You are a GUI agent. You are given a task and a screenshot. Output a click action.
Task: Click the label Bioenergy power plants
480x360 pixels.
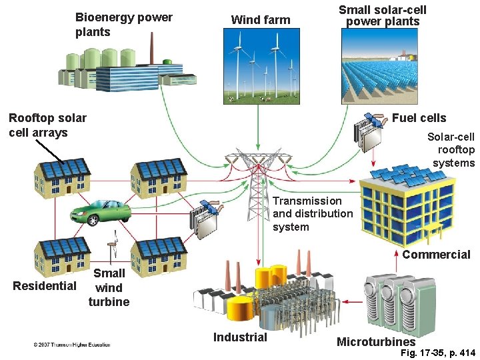(x=123, y=25)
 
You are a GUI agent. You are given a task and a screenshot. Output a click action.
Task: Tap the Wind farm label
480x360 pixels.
(x=260, y=20)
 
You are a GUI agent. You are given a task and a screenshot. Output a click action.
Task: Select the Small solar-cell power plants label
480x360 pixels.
(x=382, y=15)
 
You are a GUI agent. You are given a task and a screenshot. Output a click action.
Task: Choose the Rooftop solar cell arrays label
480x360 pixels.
(x=47, y=125)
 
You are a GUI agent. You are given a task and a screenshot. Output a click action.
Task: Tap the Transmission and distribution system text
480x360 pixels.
(x=313, y=213)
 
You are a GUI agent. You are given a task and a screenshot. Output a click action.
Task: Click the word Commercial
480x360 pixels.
(x=436, y=255)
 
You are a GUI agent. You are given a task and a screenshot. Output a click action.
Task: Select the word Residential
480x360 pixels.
(x=45, y=286)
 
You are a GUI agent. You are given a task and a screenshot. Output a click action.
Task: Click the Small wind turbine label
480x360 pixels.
(x=109, y=287)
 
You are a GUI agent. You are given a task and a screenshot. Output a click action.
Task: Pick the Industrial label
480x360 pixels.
(x=240, y=337)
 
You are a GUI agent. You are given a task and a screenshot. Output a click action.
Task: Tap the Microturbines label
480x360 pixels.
(x=376, y=342)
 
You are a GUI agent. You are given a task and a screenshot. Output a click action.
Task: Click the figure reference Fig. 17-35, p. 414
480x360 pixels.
(x=435, y=353)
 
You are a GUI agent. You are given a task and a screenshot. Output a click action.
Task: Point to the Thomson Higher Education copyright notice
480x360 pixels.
(x=72, y=345)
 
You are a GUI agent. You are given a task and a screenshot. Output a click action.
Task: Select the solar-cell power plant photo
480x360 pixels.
(x=382, y=66)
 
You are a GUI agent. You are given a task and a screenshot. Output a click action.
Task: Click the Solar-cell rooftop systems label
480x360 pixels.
(x=451, y=149)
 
